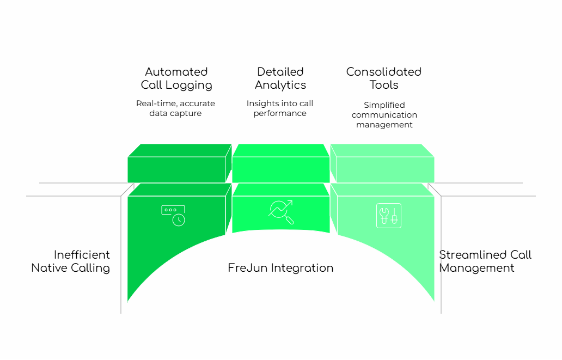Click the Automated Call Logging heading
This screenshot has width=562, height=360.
click(x=176, y=78)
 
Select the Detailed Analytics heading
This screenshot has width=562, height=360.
click(x=280, y=78)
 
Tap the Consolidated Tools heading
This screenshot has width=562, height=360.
click(x=384, y=78)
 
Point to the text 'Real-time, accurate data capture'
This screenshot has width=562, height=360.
click(x=175, y=108)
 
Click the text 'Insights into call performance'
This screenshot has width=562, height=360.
click(x=280, y=108)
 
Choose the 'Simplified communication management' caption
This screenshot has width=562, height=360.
click(x=384, y=115)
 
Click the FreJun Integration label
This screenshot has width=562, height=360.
click(x=280, y=268)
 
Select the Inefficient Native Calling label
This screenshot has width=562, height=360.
click(x=71, y=261)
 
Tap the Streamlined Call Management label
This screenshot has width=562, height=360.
click(x=485, y=261)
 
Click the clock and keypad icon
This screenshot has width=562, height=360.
click(x=173, y=215)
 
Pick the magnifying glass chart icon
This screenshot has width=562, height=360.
click(x=281, y=212)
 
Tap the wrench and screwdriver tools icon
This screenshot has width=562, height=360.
click(x=388, y=215)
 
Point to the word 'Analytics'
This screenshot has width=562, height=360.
click(x=280, y=85)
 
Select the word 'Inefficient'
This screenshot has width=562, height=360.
click(x=82, y=255)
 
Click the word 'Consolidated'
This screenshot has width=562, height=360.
click(x=384, y=72)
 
